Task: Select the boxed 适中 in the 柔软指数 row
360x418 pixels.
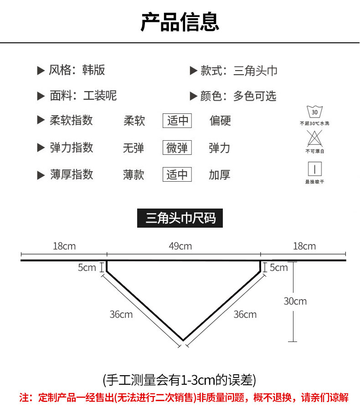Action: (x=177, y=121)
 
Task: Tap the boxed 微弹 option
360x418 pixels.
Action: (x=177, y=148)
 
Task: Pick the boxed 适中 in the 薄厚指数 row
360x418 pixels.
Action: (x=177, y=174)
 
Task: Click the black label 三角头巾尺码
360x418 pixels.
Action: (x=180, y=219)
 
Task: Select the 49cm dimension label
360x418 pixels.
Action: (x=180, y=246)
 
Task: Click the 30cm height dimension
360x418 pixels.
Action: (x=295, y=301)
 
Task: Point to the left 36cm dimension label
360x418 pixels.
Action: (x=121, y=314)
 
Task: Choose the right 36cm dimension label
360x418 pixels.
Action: (x=245, y=314)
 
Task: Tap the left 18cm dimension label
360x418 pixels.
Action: (x=64, y=246)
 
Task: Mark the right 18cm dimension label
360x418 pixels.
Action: (x=304, y=246)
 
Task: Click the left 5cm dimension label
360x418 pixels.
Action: (x=87, y=267)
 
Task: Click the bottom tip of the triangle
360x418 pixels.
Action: (x=183, y=340)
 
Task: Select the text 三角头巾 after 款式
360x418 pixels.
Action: (x=255, y=71)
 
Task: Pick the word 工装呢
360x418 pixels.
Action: (x=100, y=96)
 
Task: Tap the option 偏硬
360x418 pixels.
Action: (x=220, y=121)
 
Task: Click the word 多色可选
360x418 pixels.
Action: (x=255, y=96)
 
